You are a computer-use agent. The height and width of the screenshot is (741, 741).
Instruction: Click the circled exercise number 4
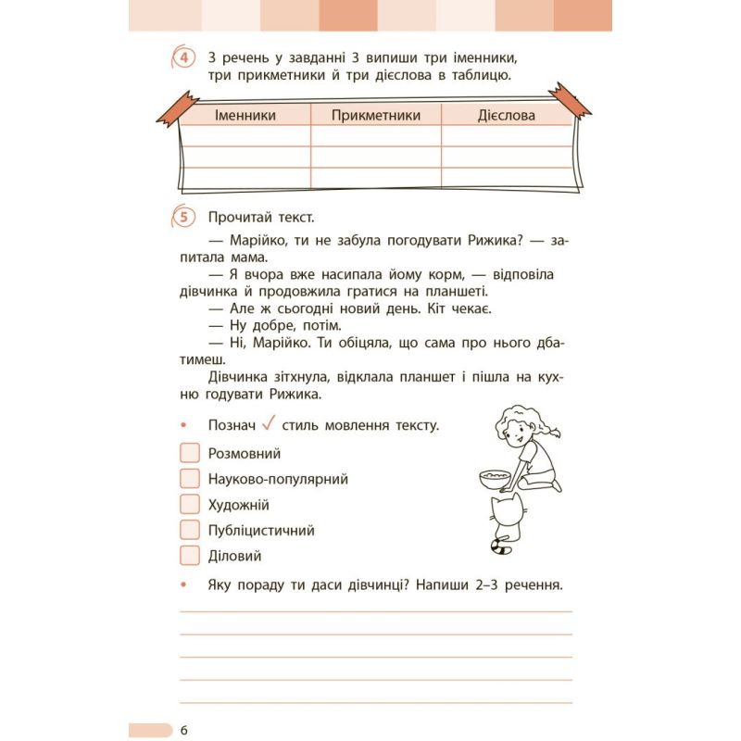183,59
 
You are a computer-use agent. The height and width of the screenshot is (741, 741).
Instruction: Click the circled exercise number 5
183,218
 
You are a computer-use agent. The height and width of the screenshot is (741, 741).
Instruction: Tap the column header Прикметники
375,116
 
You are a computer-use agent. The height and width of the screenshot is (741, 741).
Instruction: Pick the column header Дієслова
506,116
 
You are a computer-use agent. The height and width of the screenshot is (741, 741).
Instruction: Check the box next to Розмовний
190,453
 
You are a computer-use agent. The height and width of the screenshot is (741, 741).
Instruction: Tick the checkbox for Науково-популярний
190,479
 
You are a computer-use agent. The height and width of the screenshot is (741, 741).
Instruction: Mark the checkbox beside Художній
190,505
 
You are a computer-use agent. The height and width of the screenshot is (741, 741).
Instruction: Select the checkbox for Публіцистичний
190,531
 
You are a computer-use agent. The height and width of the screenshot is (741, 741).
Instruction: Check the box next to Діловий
190,556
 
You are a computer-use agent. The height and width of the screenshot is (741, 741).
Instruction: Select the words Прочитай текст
261,218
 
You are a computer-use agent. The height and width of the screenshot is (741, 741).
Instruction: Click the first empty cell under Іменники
245,136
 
